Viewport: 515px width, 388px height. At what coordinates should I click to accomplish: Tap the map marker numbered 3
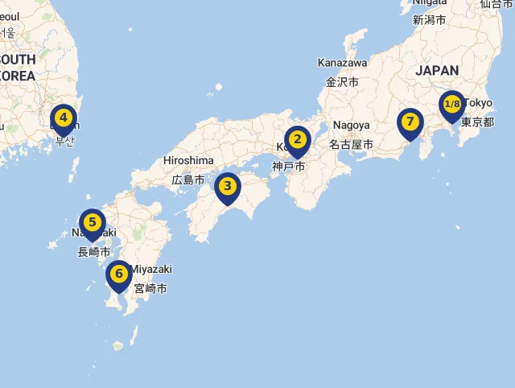pyautogui.click(x=228, y=188)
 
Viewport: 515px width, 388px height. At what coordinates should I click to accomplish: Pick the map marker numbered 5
pyautogui.click(x=93, y=223)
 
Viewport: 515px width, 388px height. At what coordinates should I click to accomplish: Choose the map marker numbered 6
pyautogui.click(x=119, y=274)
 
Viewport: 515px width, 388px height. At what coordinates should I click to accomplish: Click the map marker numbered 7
pyautogui.click(x=410, y=123)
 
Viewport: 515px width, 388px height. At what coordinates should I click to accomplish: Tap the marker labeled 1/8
pyautogui.click(x=452, y=105)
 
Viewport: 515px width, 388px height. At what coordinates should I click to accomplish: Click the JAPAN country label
pyautogui.click(x=437, y=71)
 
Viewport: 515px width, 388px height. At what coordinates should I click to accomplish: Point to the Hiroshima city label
pyautogui.click(x=188, y=160)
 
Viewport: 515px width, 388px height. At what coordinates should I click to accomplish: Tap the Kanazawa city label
pyautogui.click(x=342, y=63)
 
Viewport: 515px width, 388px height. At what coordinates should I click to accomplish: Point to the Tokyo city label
pyautogui.click(x=478, y=103)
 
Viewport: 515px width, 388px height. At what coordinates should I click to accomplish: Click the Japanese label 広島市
pyautogui.click(x=188, y=179)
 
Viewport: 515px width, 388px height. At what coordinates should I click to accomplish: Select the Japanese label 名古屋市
pyautogui.click(x=351, y=145)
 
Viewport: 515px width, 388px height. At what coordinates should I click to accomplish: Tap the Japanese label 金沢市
pyautogui.click(x=342, y=81)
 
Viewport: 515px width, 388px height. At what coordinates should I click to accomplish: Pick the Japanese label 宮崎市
pyautogui.click(x=150, y=287)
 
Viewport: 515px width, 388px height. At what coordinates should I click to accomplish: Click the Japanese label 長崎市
pyautogui.click(x=94, y=252)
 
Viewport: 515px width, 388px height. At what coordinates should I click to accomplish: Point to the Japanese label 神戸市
pyautogui.click(x=289, y=167)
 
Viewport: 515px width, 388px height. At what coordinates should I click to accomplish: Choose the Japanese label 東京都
pyautogui.click(x=477, y=122)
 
